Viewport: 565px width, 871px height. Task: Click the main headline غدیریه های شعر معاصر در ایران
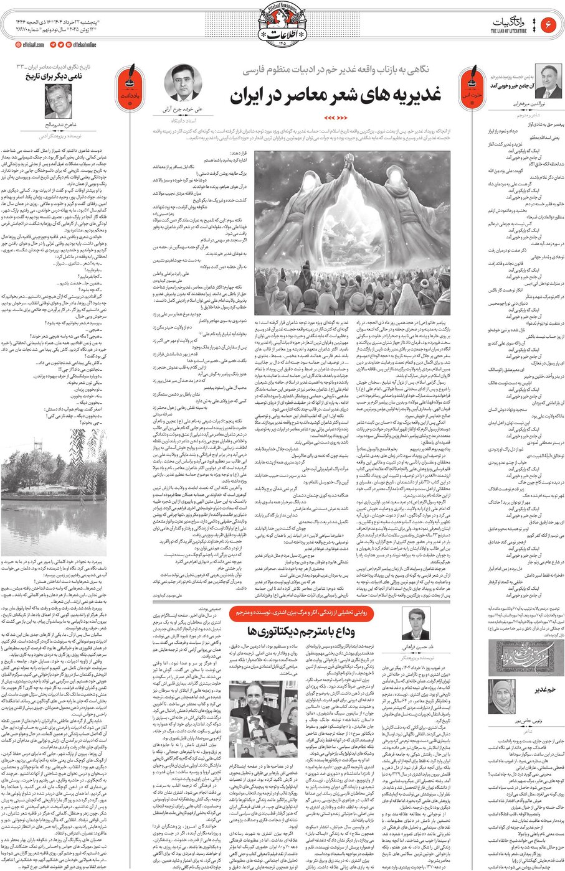[x=336, y=95]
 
